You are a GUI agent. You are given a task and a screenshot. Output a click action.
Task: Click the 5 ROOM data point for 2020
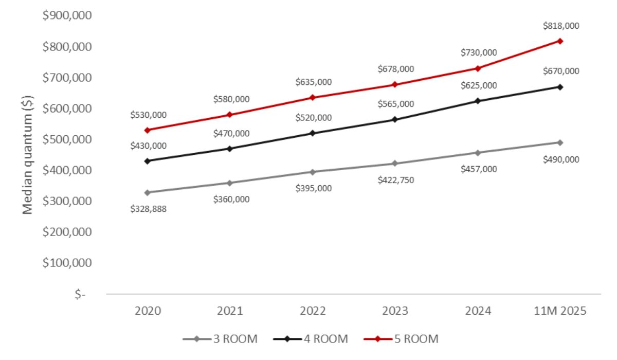[148, 130]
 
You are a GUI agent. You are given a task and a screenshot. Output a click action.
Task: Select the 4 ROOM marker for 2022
[313, 133]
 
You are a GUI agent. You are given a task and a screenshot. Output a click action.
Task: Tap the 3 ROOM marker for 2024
[478, 153]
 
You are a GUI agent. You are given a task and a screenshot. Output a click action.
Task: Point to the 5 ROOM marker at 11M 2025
[560, 41]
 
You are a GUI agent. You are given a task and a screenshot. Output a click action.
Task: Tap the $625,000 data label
[478, 85]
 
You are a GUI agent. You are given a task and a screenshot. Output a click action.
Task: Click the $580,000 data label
[231, 99]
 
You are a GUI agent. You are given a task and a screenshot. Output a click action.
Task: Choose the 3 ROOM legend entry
[220, 339]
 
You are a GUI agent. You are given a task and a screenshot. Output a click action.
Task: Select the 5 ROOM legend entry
[401, 339]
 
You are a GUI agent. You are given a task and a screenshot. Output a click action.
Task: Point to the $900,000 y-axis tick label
[67, 16]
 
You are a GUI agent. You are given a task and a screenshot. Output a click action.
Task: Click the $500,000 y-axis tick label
[67, 139]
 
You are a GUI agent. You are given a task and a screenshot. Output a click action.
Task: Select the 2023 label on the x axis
[395, 312]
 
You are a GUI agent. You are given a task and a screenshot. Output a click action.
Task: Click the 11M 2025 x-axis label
[559, 312]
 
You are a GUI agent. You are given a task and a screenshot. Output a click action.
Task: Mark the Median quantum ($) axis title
[27, 155]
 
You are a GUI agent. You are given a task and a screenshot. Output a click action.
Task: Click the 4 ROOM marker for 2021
[230, 149]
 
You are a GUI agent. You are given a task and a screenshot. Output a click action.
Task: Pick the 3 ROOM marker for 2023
[395, 164]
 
